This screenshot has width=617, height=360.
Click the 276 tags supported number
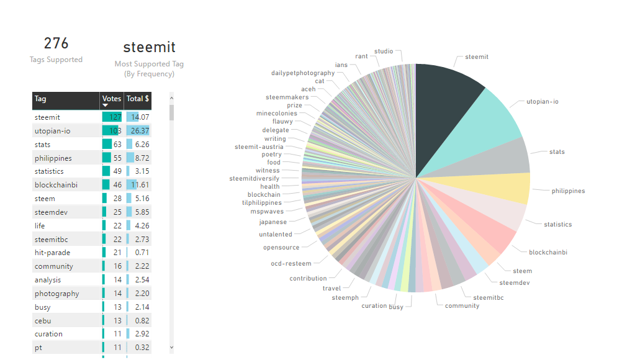click(x=56, y=43)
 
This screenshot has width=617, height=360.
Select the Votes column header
click(x=112, y=99)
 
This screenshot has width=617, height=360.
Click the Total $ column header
click(x=138, y=99)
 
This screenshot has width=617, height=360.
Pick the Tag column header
click(x=41, y=99)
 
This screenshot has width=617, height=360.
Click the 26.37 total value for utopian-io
click(x=138, y=130)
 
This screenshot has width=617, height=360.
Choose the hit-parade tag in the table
click(x=52, y=253)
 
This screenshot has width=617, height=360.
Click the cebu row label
click(x=43, y=321)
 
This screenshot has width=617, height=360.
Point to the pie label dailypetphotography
click(x=303, y=73)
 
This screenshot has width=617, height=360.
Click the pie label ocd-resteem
click(x=291, y=264)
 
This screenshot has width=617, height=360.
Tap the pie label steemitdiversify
click(x=254, y=179)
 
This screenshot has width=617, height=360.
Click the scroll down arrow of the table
click(x=172, y=348)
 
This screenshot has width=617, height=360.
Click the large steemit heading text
click(x=149, y=47)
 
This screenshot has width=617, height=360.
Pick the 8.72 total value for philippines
click(x=142, y=158)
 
